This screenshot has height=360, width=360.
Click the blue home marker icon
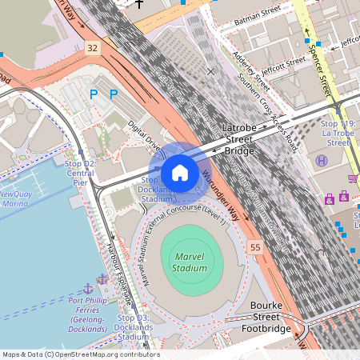click(180, 173)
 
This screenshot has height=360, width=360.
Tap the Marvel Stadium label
click(188, 262)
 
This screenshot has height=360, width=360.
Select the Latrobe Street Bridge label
click(238, 139)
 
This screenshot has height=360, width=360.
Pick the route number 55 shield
click(255, 248)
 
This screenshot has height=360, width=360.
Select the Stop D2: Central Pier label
click(79, 172)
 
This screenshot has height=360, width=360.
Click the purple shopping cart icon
click(353, 178)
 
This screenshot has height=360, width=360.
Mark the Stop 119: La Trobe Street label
click(337, 134)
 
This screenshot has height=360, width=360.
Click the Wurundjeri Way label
click(220, 196)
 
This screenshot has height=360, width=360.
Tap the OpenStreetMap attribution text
click(80, 354)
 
